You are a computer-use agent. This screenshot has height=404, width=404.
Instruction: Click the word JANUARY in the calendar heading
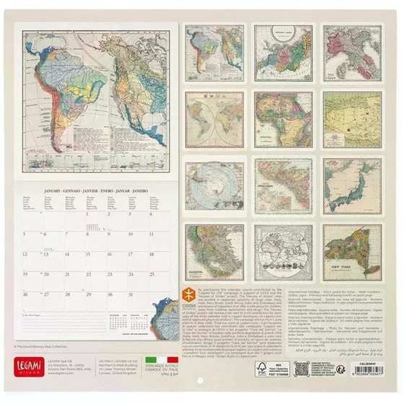[x=51, y=191]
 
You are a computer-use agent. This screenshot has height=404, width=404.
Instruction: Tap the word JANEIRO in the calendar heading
[x=144, y=191]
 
